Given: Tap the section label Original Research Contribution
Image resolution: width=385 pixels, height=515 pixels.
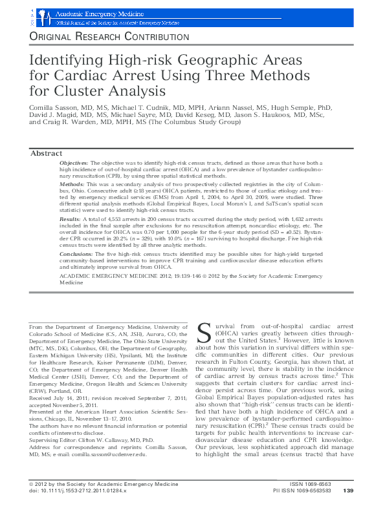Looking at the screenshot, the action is [x=109, y=37].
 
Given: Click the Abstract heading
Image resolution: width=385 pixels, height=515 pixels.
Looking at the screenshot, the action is [x=47, y=153].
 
